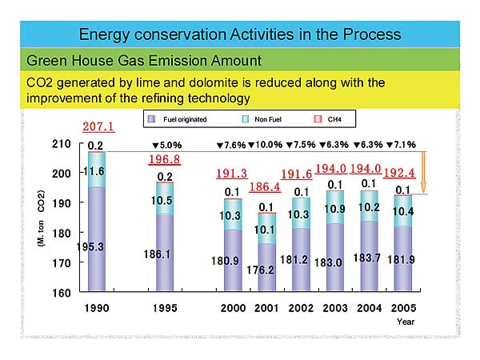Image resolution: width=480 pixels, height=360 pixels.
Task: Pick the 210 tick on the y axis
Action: coord(62,144)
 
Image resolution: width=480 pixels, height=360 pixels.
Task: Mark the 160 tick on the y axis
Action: coord(62,292)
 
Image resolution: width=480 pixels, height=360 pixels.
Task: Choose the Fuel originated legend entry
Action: coord(181,119)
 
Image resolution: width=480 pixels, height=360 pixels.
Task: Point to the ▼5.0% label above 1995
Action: coord(166,145)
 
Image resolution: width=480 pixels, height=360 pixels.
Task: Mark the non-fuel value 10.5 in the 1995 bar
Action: coord(166,201)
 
